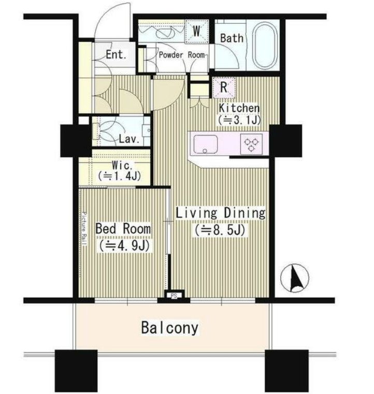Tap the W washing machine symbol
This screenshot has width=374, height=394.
[197, 32]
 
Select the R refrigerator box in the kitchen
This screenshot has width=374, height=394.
[224, 87]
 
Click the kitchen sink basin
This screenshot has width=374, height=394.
[206, 144]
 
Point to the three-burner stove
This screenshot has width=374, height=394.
[252, 144]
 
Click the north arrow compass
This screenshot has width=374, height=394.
[294, 278]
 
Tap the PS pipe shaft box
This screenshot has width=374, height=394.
[174, 295]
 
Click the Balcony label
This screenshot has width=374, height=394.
[170, 328]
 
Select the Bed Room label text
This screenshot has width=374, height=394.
[123, 229]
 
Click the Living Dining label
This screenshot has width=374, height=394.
[220, 213]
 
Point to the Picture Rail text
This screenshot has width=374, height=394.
[84, 229]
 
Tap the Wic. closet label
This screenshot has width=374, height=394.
[122, 165]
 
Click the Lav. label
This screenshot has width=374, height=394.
[129, 139]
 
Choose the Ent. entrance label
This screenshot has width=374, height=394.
[116, 54]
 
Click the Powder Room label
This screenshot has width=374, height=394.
[182, 55]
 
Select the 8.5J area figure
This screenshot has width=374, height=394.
[219, 230]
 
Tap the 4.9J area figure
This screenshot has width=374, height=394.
[124, 246]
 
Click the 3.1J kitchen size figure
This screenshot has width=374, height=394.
[240, 120]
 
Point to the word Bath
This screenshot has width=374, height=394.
[232, 38]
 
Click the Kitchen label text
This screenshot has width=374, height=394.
[239, 108]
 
